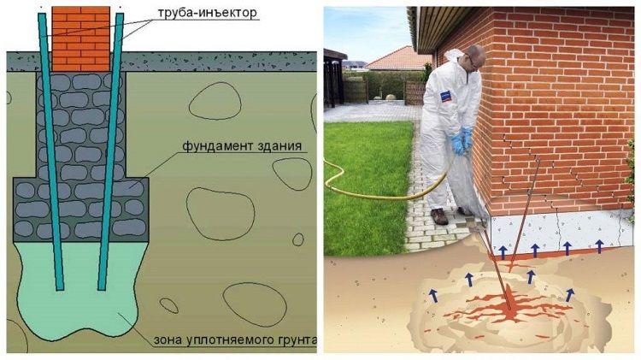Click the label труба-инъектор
click(208, 13)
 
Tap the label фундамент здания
click(242, 146)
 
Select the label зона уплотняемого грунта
click(235, 340)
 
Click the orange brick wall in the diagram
click(81, 38)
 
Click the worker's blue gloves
click(462, 140)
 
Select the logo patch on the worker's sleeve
click(445, 97)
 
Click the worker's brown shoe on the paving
click(439, 216)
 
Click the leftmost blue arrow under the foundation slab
click(503, 252)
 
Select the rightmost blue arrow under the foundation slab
click(599, 246)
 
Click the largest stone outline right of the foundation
click(221, 214)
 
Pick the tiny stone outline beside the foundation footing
click(298, 239)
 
